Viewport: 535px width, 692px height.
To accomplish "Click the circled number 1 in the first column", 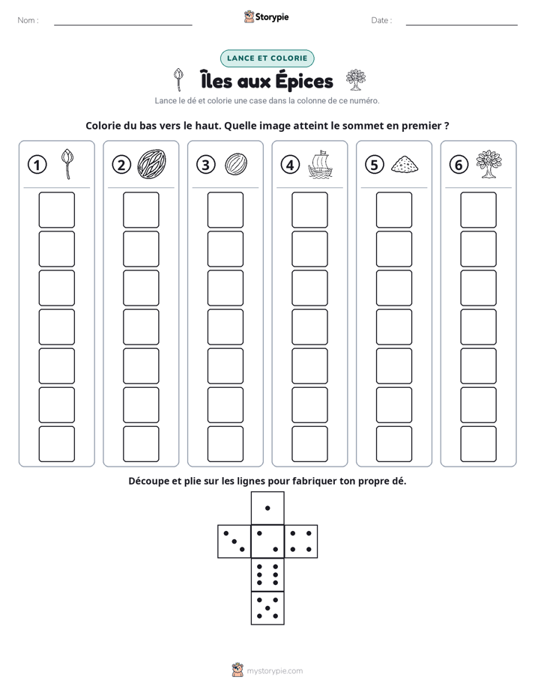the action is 37,165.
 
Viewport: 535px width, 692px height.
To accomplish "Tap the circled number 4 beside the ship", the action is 290,165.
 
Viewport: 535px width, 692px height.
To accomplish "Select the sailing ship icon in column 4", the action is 320,165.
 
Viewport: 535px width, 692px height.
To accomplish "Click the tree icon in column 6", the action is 489,164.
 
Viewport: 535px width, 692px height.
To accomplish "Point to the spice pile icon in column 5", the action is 405,164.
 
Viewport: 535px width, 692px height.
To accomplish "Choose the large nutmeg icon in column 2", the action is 151,164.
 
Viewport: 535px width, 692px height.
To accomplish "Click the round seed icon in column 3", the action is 236,165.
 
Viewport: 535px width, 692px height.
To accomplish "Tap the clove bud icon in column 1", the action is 67,164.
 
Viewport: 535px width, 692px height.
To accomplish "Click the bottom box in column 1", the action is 56,444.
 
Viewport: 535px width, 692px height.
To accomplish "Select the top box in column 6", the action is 479,210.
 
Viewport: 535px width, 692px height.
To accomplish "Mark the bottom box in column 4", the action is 310,444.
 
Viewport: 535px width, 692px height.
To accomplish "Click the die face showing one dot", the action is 267,509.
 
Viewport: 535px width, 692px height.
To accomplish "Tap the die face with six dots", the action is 267,574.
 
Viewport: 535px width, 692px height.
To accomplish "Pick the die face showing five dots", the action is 267,608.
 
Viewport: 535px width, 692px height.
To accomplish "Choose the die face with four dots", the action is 301,541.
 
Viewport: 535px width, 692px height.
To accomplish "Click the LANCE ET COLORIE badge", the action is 267,58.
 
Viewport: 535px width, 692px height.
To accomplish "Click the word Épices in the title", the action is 304,82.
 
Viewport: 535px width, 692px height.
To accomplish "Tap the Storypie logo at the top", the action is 267,16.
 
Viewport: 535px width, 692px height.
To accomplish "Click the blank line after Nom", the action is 123,25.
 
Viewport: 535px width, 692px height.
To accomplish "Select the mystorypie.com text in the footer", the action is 274,671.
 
